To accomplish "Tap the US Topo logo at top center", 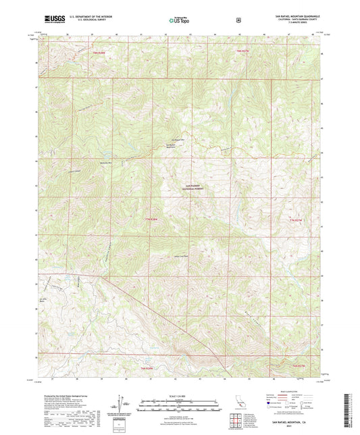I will [x=179, y=20].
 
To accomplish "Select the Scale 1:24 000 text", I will [x=179, y=394].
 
